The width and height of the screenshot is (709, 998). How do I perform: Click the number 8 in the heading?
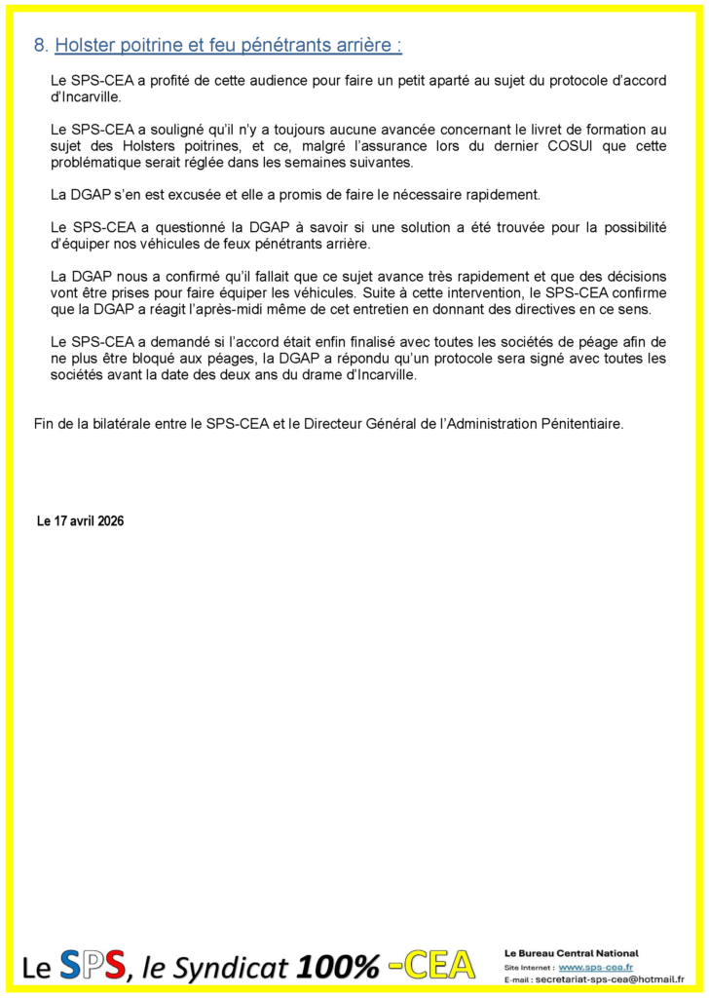point(39,45)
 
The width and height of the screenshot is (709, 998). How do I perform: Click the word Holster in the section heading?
point(85,45)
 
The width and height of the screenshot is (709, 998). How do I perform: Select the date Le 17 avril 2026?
point(80,521)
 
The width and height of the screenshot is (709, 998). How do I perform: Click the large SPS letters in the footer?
point(93,965)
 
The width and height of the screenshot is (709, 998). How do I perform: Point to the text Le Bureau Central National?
point(571,952)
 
